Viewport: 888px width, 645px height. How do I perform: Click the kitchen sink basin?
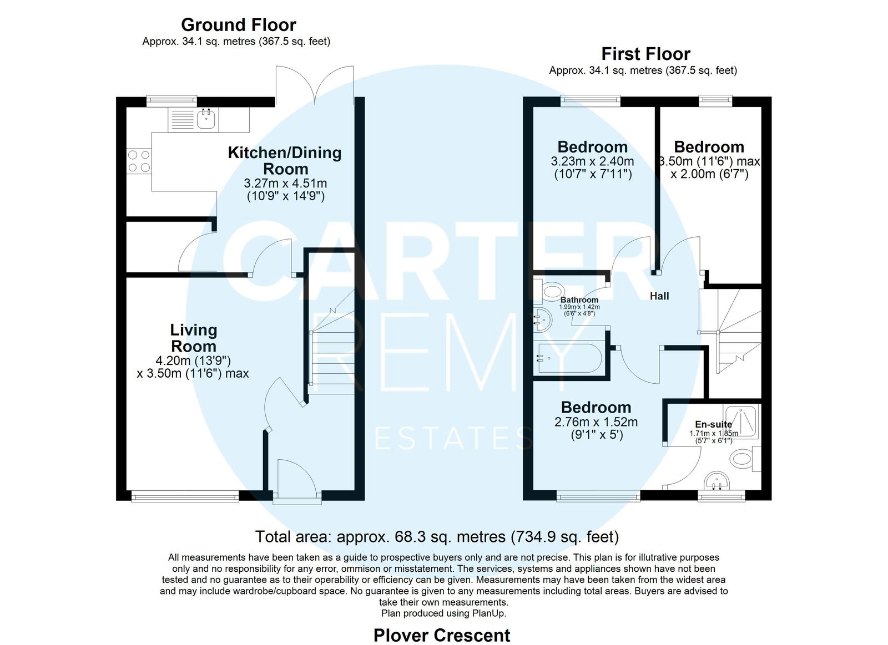[206, 119]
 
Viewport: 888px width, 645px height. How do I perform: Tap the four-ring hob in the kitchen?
[139, 161]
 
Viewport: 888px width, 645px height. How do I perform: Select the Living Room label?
[194, 338]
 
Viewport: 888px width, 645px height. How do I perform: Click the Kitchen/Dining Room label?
[285, 160]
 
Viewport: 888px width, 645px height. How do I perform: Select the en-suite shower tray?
[740, 421]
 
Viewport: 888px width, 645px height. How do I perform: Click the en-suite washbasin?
[717, 481]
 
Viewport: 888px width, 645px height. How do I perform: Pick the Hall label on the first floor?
[659, 296]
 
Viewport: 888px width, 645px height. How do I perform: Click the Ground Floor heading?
[238, 25]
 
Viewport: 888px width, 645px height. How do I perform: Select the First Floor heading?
[646, 54]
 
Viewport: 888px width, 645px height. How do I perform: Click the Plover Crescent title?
[442, 635]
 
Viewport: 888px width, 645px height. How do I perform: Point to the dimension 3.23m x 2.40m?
[592, 161]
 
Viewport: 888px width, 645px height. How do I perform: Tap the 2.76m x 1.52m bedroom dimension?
[596, 422]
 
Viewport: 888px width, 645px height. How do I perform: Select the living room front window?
[185, 496]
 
